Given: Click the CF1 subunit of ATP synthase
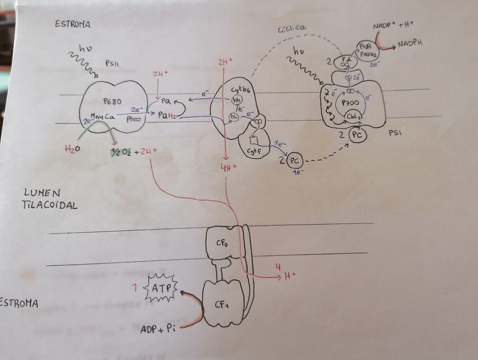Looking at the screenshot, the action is (x=223, y=305).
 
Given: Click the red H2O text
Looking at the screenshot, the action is (x=71, y=150).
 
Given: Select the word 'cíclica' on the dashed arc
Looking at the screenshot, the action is (x=291, y=28).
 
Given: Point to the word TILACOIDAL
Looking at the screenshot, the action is (x=50, y=205).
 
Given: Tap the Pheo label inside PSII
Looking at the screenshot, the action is (x=134, y=119).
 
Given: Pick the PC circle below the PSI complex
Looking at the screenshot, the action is (x=356, y=134).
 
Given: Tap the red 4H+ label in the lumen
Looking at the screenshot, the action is (x=231, y=167).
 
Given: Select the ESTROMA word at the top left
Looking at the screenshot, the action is (x=73, y=24).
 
